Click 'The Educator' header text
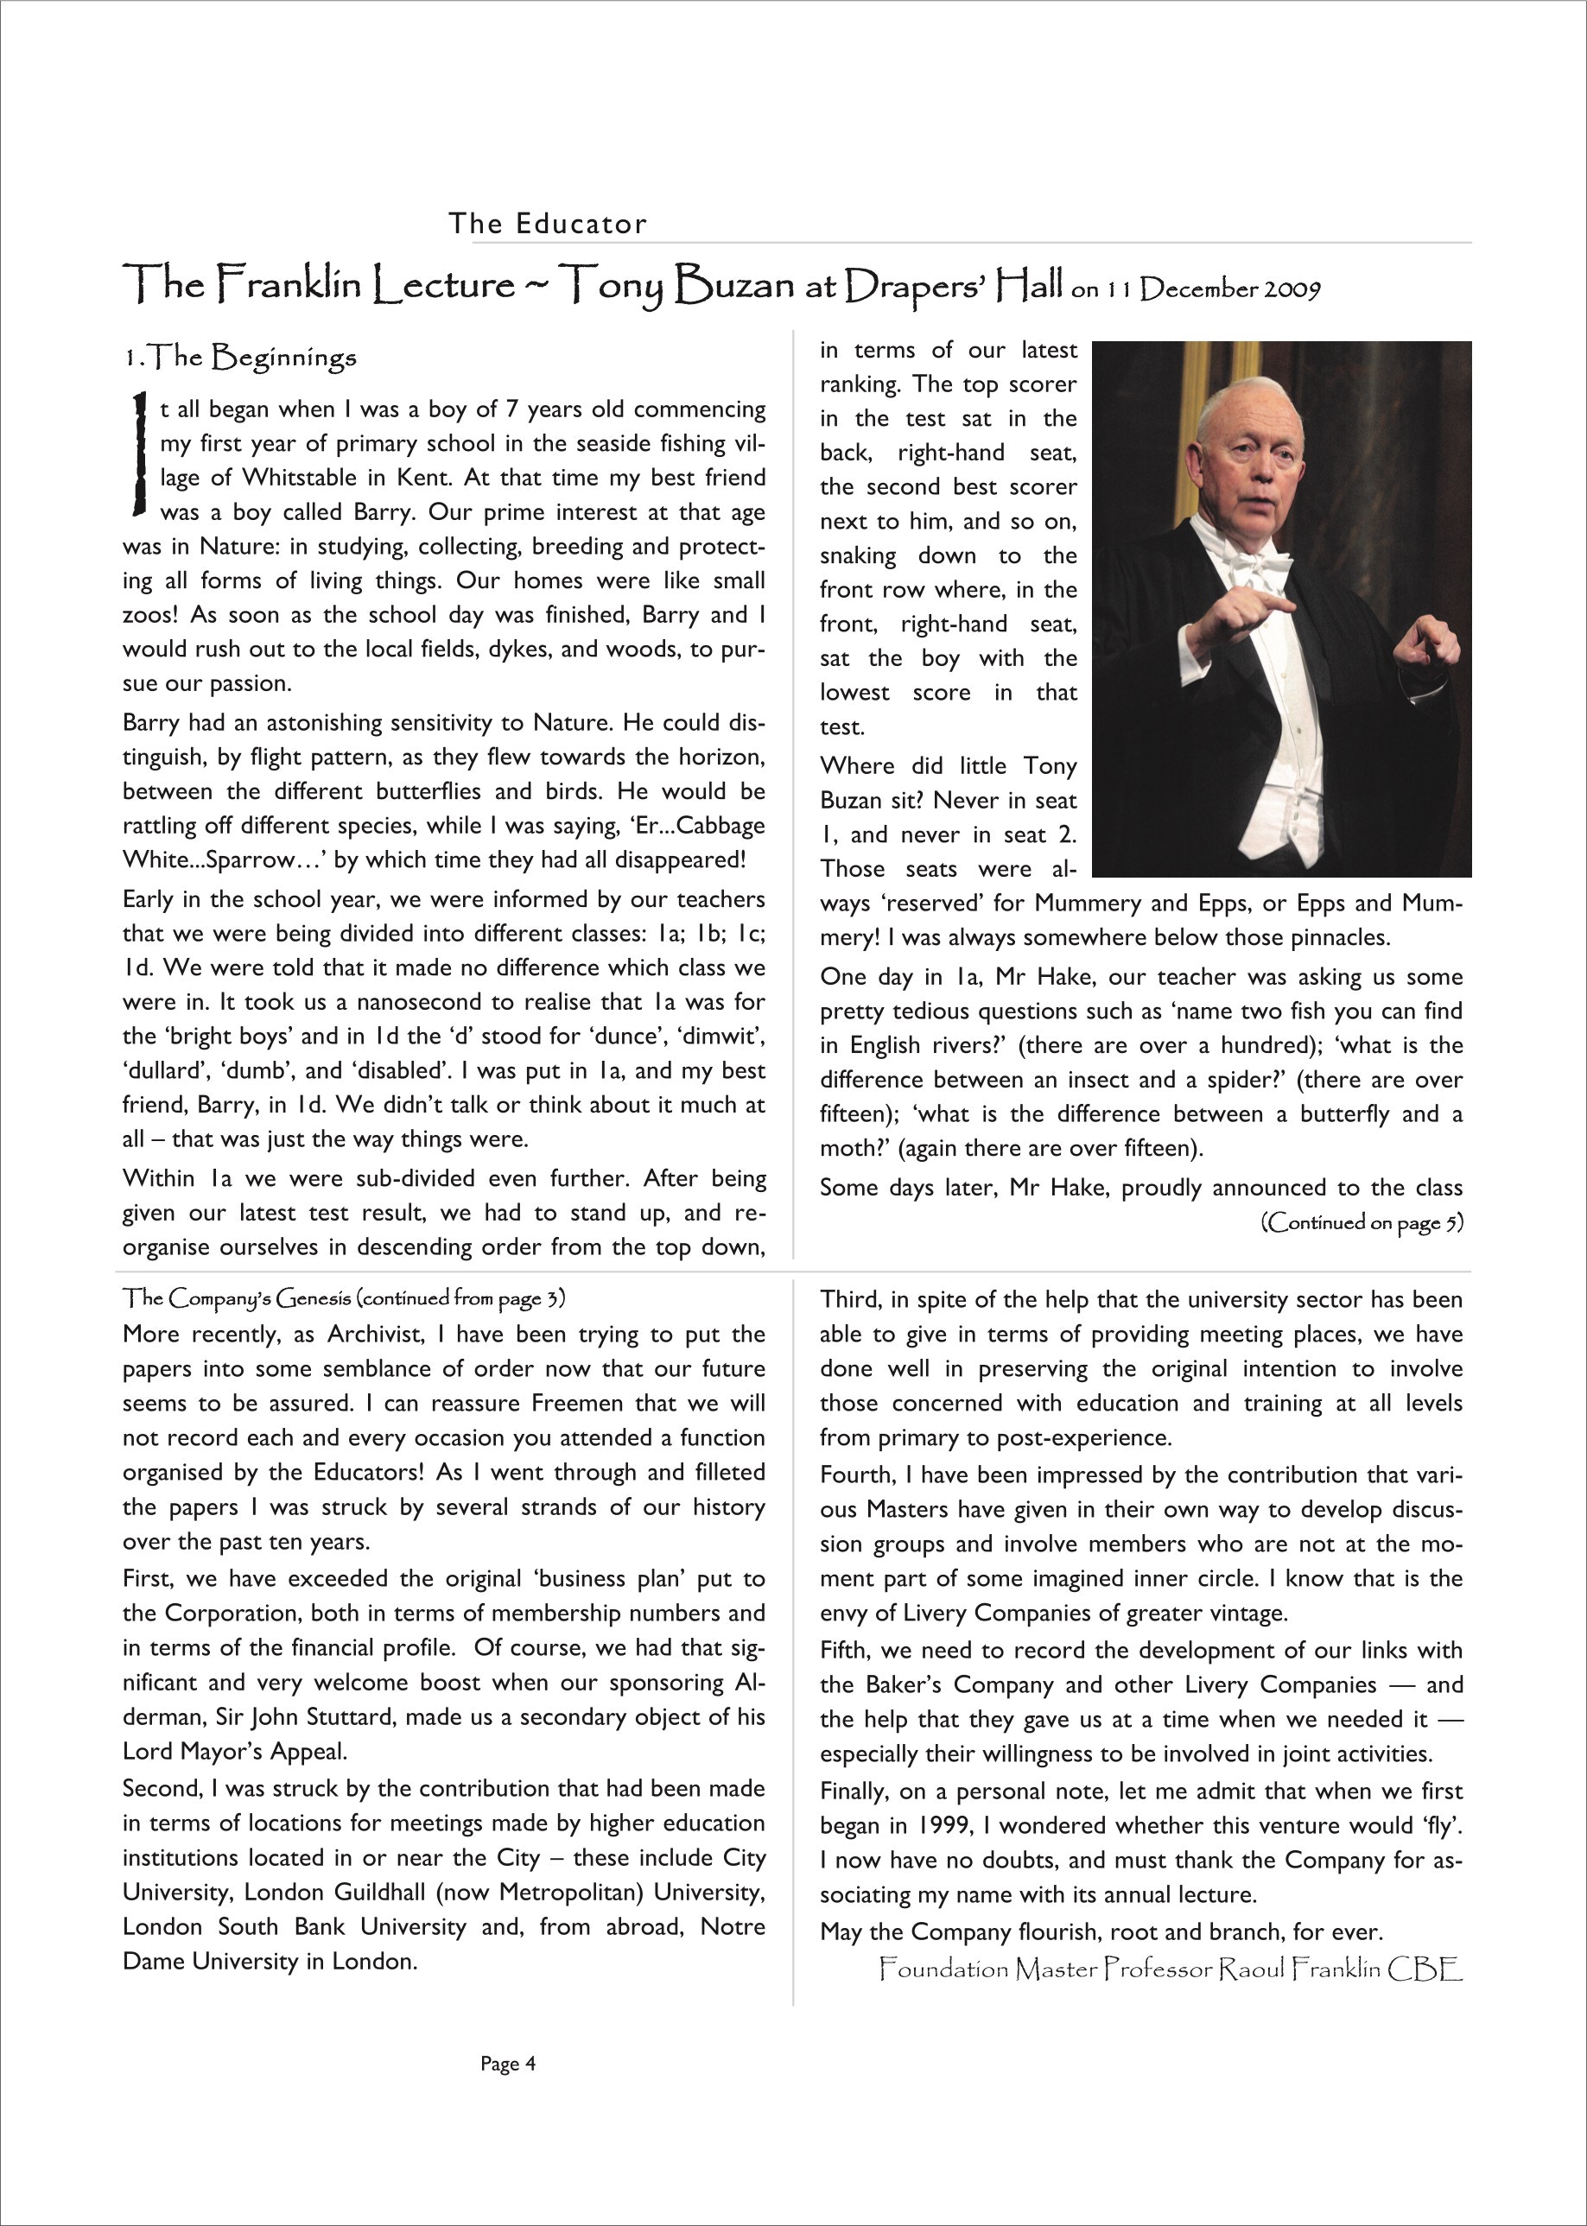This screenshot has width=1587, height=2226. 547,224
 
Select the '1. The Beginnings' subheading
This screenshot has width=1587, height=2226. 239,358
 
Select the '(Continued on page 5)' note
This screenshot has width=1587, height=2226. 1362,1222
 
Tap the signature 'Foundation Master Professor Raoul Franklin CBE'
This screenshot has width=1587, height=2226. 1170,1969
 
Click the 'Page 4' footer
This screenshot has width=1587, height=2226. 508,2064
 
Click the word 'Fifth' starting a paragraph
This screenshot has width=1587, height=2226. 847,1651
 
